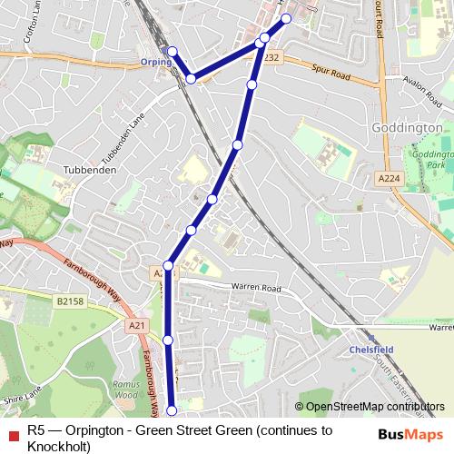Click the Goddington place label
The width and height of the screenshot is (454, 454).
tap(407, 128)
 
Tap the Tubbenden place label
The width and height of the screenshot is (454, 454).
tap(87, 170)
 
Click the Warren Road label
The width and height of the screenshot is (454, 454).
tap(258, 289)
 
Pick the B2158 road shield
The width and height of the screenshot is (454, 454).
tap(69, 301)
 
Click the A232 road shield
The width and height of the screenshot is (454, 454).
tap(271, 57)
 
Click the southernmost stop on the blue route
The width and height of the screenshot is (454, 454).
tap(173, 412)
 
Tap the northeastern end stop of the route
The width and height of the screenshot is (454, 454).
tap(286, 18)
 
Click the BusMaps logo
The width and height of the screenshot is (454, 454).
tap(411, 433)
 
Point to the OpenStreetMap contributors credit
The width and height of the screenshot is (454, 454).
tap(375, 407)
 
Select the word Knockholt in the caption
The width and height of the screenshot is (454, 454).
tap(58, 447)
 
